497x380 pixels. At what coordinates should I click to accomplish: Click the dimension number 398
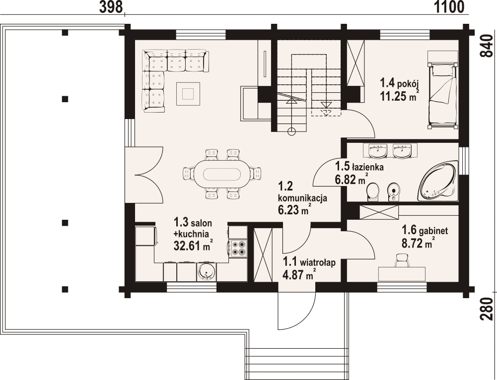(111, 7)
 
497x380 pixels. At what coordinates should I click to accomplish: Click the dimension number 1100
(449, 7)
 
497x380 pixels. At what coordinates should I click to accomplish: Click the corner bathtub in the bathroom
(438, 181)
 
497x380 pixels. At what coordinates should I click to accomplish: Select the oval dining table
(221, 174)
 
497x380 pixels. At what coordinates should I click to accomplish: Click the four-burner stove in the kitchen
(238, 248)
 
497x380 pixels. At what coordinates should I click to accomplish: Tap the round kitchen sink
(207, 272)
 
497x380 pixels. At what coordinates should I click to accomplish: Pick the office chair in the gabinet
(402, 261)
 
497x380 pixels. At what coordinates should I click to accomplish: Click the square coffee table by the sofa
(188, 94)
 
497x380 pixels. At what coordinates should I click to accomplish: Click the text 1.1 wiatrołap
(309, 262)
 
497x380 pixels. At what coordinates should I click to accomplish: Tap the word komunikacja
(302, 199)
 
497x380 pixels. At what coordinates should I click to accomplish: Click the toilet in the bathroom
(373, 192)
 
